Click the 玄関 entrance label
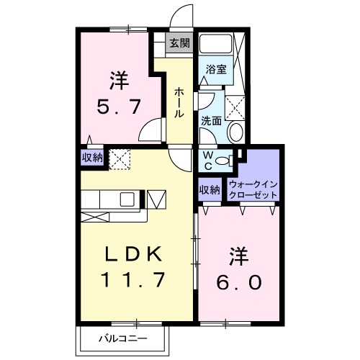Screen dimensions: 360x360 click(179, 42)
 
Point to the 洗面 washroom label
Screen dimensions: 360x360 click(211, 121)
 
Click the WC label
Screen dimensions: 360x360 click(207, 158)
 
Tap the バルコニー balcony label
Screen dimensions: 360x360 click(123, 338)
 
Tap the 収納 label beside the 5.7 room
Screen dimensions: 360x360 click(91, 157)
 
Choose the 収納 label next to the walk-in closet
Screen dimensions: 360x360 click(209, 189)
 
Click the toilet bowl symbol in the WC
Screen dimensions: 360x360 click(223, 160)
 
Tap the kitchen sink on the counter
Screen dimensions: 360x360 click(127, 199)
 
